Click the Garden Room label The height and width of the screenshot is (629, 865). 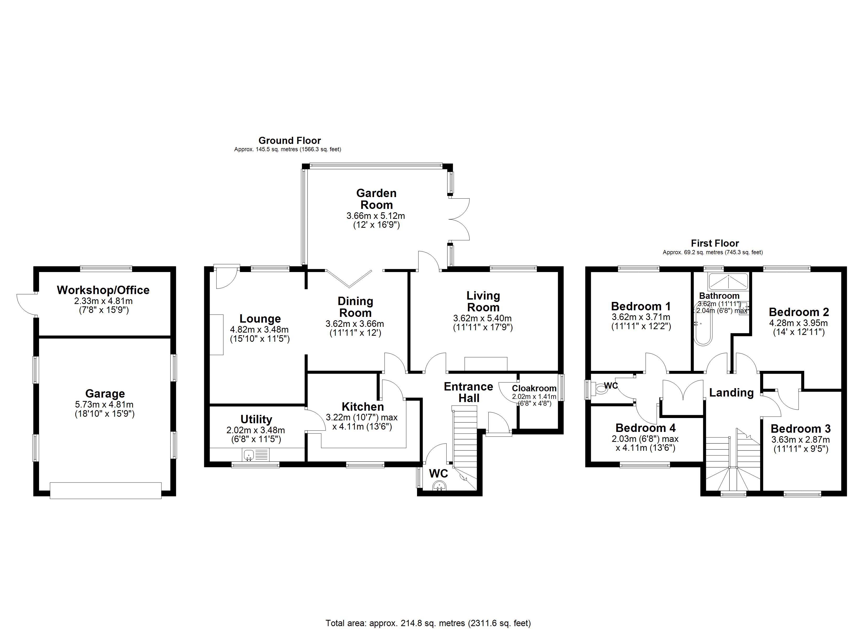(376, 199)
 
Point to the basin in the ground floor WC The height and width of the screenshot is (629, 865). (439, 486)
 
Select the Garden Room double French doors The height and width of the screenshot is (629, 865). (459, 219)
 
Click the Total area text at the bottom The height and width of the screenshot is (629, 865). (428, 623)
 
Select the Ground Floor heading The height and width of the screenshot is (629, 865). (289, 140)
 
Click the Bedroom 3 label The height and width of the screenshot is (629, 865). (801, 429)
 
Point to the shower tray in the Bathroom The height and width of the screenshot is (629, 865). (728, 281)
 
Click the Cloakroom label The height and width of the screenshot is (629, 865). (534, 388)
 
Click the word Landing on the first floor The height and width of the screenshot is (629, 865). (731, 393)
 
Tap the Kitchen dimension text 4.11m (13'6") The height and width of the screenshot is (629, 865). (362, 426)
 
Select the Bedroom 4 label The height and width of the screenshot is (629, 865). (645, 428)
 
